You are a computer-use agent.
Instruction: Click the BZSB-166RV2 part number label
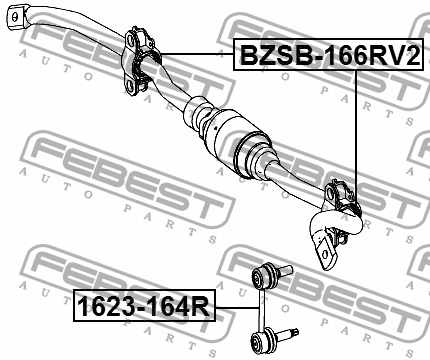[325, 57]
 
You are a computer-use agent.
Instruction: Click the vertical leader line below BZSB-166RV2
[356, 130]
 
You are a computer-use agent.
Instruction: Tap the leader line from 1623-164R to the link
[236, 306]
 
